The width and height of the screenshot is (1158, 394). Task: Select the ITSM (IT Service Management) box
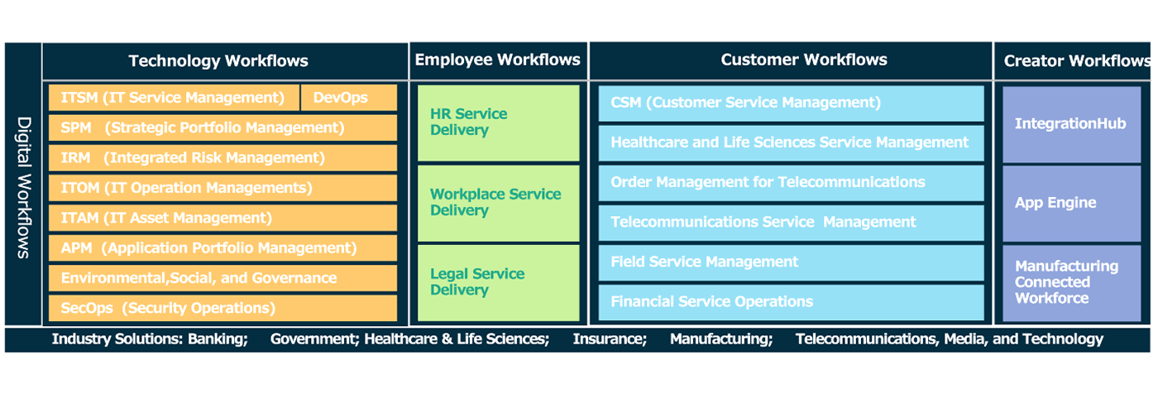click(x=173, y=98)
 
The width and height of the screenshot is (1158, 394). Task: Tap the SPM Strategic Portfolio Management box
click(x=223, y=127)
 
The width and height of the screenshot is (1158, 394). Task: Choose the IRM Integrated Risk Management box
click(x=223, y=157)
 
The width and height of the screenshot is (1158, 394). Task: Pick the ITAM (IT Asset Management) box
click(x=223, y=218)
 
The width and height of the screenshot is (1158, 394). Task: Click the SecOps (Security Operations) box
click(x=223, y=308)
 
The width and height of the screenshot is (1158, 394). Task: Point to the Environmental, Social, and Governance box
click(x=223, y=278)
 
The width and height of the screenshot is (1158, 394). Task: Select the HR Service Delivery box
click(x=498, y=123)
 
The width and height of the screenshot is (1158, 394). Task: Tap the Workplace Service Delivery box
click(x=498, y=203)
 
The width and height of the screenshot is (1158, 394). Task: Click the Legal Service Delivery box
click(x=498, y=282)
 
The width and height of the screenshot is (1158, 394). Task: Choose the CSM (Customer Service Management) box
click(x=791, y=103)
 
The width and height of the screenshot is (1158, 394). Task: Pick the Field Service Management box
click(x=791, y=262)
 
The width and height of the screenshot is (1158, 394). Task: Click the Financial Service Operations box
click(x=791, y=302)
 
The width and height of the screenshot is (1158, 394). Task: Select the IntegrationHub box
click(x=1070, y=124)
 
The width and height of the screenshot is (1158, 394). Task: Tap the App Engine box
click(x=1070, y=203)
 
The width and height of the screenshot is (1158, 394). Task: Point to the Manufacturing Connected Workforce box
click(x=1070, y=282)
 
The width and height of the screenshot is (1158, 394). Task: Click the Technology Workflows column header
click(x=218, y=60)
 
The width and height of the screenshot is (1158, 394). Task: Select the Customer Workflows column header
click(x=803, y=60)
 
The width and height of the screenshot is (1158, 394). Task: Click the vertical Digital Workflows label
click(x=23, y=186)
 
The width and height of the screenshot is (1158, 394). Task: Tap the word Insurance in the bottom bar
click(x=610, y=339)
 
